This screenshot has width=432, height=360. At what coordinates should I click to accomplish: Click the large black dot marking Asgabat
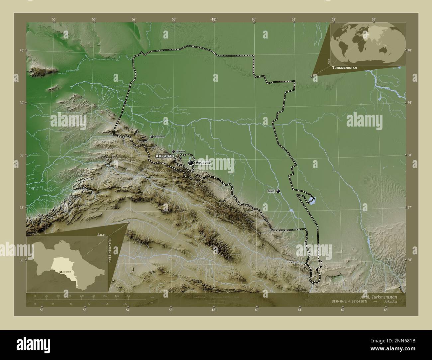(x=190, y=163)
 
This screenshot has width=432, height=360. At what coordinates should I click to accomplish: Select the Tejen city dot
(x=278, y=191)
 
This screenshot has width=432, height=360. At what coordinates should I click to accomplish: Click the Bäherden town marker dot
(x=152, y=136)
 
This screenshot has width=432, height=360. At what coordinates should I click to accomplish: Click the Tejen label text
(x=271, y=191)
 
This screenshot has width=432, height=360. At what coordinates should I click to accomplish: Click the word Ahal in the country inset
(x=101, y=234)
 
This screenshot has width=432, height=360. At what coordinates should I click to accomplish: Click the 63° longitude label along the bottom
(x=385, y=310)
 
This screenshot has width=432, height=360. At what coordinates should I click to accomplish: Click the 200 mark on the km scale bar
(x=128, y=296)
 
